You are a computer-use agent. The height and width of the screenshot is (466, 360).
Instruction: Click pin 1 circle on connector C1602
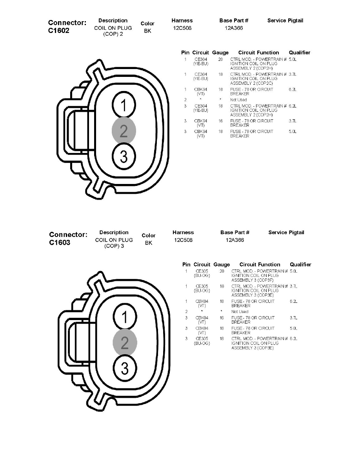click(124, 105)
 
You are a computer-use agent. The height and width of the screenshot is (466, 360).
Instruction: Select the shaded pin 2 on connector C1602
click(124, 131)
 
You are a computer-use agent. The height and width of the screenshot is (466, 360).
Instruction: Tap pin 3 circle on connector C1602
click(124, 157)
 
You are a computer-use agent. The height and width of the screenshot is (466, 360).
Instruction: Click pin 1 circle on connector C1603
click(125, 317)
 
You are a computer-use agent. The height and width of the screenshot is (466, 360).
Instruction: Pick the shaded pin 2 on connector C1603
click(125, 343)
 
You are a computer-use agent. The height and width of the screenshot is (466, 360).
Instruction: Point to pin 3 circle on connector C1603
click(125, 368)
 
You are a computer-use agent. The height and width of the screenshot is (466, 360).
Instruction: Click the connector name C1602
click(59, 31)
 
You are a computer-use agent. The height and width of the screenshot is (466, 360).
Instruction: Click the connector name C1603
click(60, 242)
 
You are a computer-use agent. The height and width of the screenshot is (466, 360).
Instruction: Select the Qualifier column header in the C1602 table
click(299, 53)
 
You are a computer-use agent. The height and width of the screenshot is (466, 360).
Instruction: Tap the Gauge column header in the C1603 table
click(222, 264)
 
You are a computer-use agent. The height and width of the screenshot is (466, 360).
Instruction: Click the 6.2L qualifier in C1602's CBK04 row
click(293, 89)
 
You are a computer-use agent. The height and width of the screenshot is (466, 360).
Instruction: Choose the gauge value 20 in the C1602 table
click(220, 59)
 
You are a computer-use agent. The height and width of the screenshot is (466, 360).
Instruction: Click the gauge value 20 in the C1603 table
click(222, 271)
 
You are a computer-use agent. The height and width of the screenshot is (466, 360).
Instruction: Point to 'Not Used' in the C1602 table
click(238, 100)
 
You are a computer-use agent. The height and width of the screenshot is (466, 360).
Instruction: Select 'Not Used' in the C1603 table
click(240, 312)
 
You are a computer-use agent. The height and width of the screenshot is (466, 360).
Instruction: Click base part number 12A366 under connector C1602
click(234, 28)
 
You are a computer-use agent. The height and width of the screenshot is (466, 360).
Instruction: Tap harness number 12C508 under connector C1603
click(183, 240)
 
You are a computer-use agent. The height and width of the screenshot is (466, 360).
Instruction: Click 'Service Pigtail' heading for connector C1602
click(285, 20)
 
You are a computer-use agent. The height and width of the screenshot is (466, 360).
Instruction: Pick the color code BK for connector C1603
click(149, 243)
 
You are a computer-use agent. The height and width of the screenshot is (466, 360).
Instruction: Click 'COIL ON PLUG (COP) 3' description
click(114, 243)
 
